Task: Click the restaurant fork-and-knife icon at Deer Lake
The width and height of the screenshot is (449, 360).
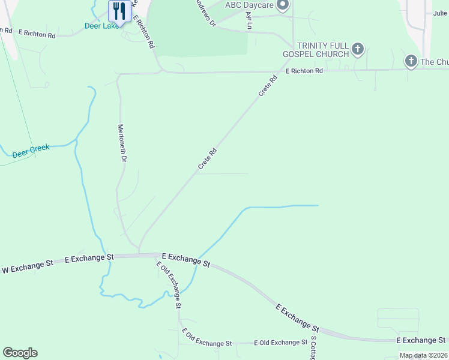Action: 119,11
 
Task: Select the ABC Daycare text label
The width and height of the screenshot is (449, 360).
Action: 250,5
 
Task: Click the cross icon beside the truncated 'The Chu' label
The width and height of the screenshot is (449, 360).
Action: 411,61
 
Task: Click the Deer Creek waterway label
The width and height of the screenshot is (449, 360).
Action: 31,151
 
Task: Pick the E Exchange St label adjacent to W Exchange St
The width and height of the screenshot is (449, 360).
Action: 89,258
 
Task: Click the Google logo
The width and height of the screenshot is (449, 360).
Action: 20,352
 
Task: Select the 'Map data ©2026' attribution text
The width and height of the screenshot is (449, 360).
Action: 423,355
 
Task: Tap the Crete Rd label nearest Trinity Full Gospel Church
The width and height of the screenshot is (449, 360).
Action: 268,86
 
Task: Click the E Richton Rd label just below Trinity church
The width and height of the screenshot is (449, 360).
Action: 304,71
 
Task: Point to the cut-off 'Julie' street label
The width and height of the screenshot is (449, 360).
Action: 440,13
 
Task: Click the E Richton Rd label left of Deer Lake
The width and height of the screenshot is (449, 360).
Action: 37,34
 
